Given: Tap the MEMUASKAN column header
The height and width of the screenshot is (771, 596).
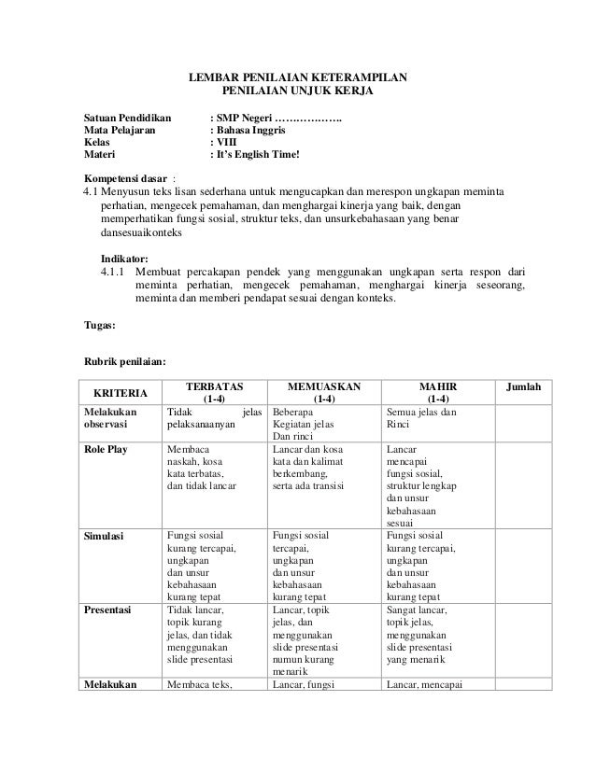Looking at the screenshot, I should click(x=324, y=385).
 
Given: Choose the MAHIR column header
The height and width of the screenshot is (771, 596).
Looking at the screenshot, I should click(x=436, y=385).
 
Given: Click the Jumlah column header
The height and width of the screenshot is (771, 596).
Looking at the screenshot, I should click(x=522, y=385).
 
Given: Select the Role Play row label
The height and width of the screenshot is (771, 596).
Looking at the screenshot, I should click(x=106, y=449).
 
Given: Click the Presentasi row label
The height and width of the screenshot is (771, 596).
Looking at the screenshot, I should click(x=107, y=610).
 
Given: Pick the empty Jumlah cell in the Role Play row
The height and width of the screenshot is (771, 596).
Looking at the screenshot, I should click(x=522, y=485).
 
